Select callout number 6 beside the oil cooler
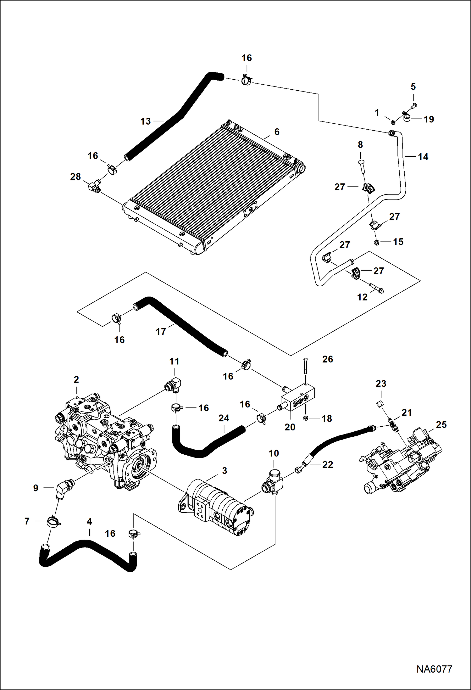coord(277,132)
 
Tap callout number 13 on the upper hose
coord(146,121)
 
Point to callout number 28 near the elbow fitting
coord(75,177)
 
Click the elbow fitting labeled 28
coord(94,186)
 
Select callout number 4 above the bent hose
coord(89,522)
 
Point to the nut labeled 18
coord(305,418)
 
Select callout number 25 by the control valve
coord(441,425)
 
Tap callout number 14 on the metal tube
coord(423,157)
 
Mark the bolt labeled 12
coord(376,288)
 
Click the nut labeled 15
coord(376,242)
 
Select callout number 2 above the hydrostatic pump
coord(76,380)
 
